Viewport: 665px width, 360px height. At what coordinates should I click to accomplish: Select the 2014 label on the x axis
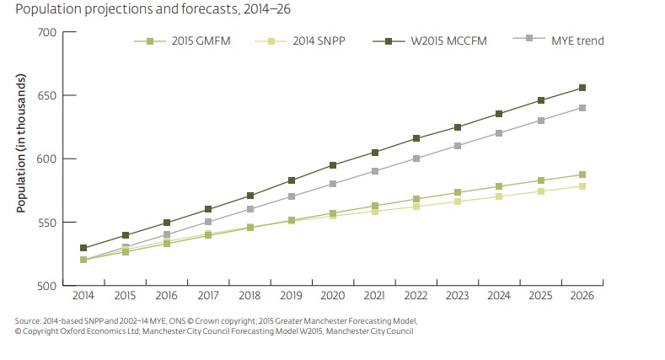click(x=83, y=297)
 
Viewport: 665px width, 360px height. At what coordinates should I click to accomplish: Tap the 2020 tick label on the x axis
click(x=333, y=297)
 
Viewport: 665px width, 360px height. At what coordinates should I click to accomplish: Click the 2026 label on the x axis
click(x=582, y=297)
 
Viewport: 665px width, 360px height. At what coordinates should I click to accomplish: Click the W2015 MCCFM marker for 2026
click(x=582, y=88)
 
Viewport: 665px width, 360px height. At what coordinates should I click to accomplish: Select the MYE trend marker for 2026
click(x=582, y=108)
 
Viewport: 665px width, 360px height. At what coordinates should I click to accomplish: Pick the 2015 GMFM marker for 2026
click(x=582, y=175)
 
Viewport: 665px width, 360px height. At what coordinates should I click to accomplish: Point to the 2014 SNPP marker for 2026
click(x=582, y=186)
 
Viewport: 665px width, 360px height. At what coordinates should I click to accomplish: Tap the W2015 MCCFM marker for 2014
click(x=83, y=248)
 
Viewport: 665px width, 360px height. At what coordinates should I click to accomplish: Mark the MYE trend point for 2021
click(x=374, y=171)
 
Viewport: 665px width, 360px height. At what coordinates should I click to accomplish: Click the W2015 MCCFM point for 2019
click(x=292, y=180)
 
